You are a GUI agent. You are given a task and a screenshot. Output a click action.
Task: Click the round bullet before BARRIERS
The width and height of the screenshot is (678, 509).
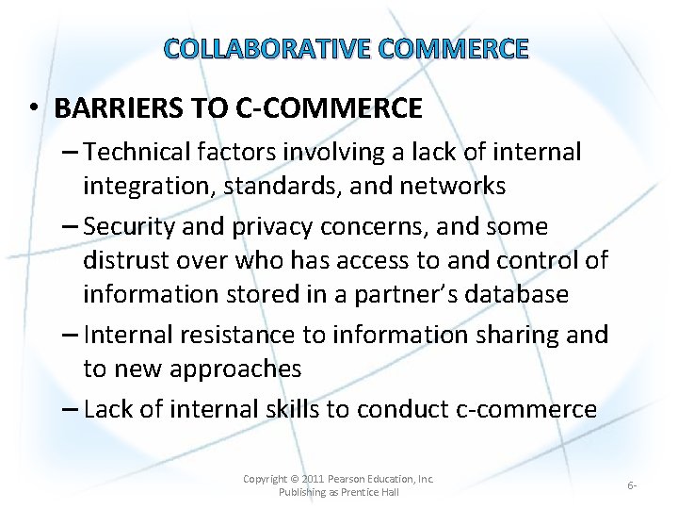(32, 109)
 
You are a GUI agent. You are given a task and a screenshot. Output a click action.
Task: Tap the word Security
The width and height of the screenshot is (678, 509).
(127, 227)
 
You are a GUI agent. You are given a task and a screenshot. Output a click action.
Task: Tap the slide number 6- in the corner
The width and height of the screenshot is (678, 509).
(632, 485)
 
